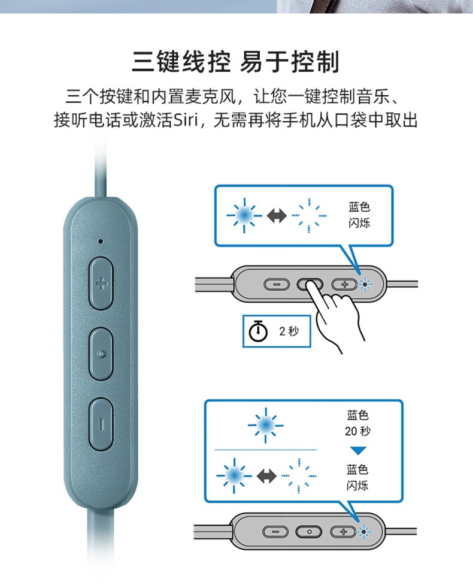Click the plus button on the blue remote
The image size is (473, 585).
point(101,283)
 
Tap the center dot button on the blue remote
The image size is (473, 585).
point(101,354)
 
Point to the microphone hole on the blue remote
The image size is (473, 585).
point(100,242)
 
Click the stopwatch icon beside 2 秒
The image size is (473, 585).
point(258,331)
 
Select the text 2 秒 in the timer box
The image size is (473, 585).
point(289,331)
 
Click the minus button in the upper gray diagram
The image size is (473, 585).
point(277,284)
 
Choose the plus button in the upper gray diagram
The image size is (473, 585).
point(344,284)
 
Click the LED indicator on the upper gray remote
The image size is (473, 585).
point(365,285)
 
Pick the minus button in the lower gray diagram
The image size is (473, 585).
point(275,532)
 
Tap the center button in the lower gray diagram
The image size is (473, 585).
point(309,532)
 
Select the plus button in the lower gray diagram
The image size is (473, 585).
point(343,532)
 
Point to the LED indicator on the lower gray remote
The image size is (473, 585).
point(363,532)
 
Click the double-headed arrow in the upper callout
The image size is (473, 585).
point(277,216)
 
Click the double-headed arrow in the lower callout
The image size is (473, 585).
point(266,476)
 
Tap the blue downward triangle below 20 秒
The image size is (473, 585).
point(358,451)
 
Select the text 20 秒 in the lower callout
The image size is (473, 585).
point(357,432)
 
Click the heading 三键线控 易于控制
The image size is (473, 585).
point(235,62)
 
